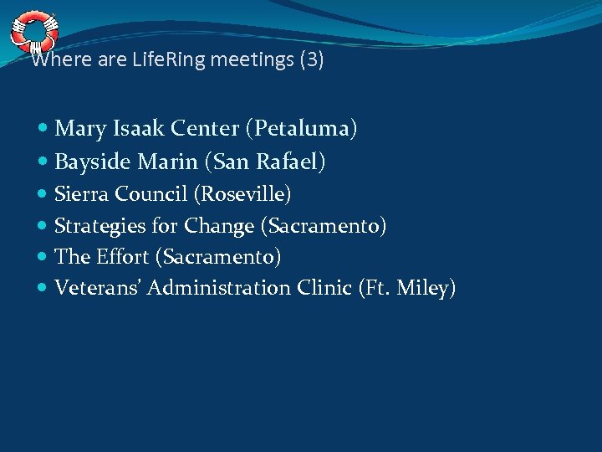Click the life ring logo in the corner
point(33,31)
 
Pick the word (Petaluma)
point(301,128)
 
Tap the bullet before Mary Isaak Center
point(43,129)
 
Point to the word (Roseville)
point(242,194)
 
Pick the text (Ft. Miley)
point(407,288)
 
